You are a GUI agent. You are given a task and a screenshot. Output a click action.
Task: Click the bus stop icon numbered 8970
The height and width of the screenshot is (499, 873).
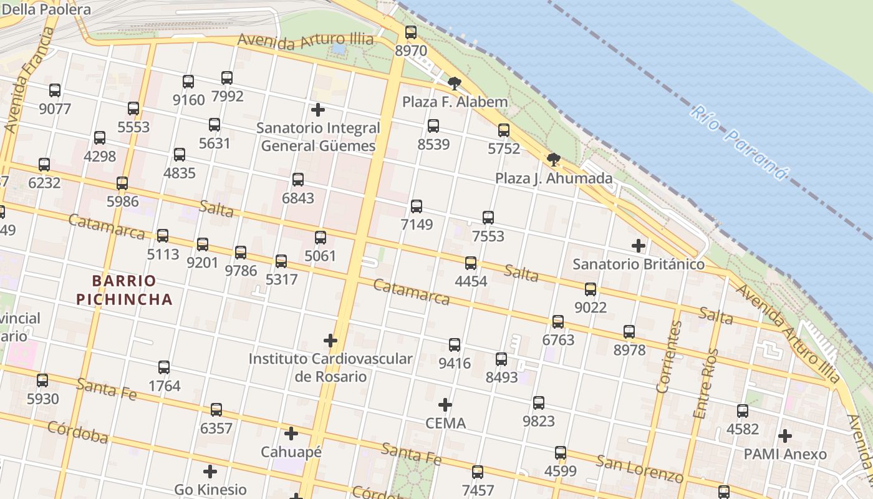pos(410,32)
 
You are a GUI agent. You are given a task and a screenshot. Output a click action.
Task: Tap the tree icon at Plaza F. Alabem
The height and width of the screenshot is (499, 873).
pos(455,83)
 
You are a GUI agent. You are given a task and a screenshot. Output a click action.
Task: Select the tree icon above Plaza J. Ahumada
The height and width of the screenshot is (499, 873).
pos(553,160)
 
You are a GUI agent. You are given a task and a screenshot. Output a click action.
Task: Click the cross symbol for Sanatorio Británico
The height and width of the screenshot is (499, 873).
pos(639,246)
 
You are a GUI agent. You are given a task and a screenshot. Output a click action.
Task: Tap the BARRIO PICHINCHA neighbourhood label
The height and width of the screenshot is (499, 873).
pos(124,290)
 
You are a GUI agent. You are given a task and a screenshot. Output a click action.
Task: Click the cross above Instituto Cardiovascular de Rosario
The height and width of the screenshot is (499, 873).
pos(330,341)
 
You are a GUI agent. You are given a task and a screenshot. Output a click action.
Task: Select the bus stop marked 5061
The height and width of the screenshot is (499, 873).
pos(321,237)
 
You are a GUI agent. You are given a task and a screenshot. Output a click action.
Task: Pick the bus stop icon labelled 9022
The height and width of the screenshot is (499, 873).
pos(590,289)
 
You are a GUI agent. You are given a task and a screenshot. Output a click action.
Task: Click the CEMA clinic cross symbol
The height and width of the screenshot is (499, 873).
pos(445,405)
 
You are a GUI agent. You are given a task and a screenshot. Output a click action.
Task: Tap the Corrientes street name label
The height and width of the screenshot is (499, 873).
pos(668,356)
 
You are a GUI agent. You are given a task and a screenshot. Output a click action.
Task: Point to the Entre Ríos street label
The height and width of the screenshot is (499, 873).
pos(706,382)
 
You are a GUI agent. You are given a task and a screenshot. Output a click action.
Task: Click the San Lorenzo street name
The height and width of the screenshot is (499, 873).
pos(639,469)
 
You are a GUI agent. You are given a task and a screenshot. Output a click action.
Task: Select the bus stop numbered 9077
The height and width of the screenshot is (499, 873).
pos(55,90)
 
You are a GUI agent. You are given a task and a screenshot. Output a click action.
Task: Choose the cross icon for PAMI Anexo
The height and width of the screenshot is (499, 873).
pos(785,435)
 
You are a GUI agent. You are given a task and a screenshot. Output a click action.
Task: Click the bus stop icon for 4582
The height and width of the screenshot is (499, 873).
pos(742,411)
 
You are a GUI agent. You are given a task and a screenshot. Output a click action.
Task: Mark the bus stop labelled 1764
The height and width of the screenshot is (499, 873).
pos(164,367)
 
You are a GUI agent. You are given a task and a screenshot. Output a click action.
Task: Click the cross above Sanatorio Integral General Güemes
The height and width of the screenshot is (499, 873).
pos(318,110)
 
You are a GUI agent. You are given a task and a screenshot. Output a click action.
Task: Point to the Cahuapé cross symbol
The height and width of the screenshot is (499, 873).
pos(291,434)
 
